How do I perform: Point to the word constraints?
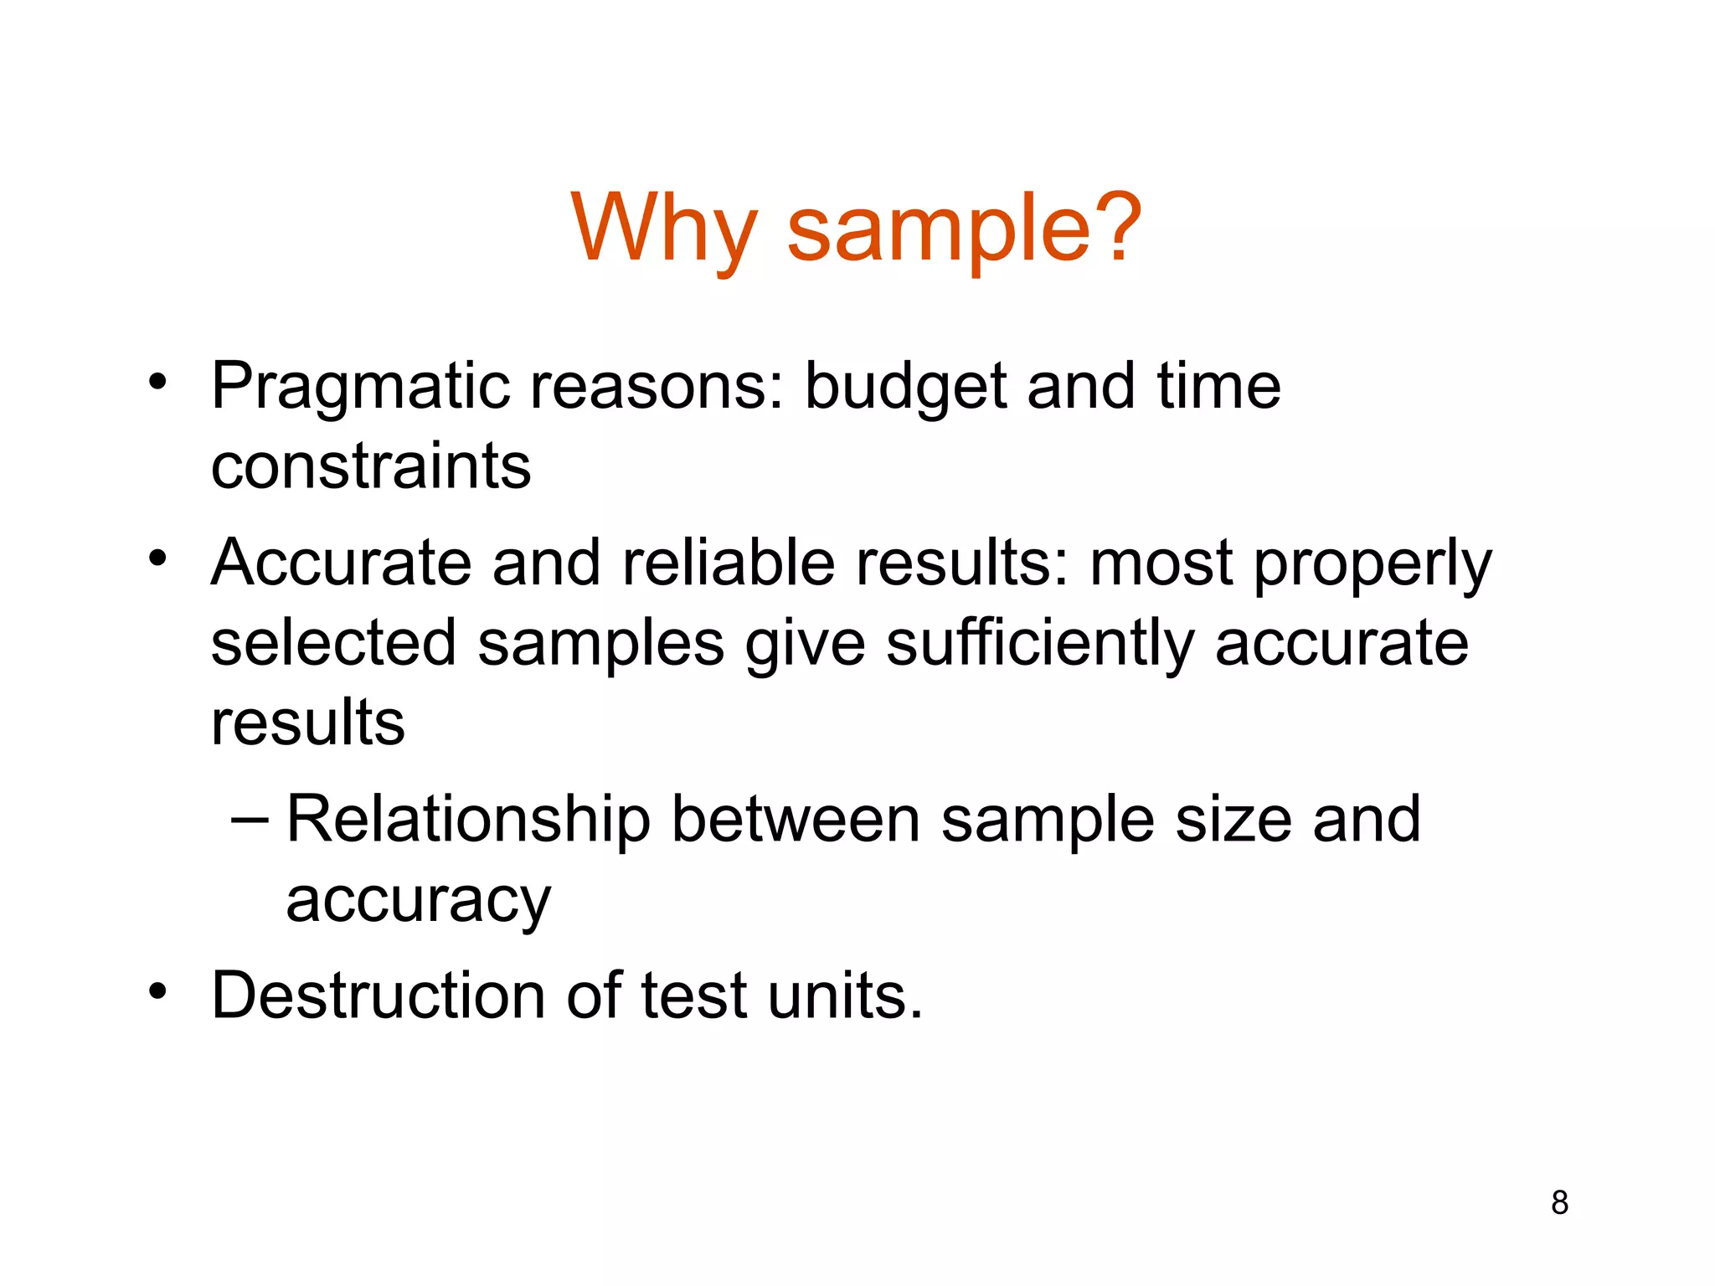click(x=371, y=466)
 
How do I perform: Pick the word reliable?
click(x=729, y=563)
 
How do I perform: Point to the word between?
click(x=796, y=820)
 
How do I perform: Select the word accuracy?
click(x=418, y=902)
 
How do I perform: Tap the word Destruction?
click(x=379, y=995)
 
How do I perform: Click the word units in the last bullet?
click(x=844, y=995)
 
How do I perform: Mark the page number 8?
click(x=1559, y=1202)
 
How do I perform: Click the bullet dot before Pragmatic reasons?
click(x=157, y=382)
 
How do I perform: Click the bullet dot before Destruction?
click(x=157, y=991)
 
